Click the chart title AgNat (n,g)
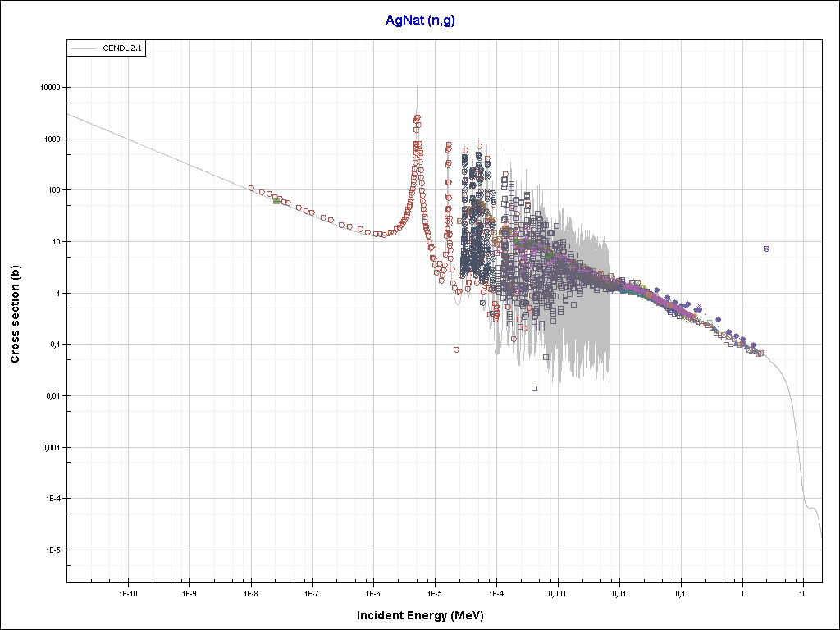click(420, 20)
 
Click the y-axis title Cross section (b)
click(15, 308)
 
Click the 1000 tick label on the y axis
click(57, 139)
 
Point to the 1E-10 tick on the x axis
click(127, 591)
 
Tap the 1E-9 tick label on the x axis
click(189, 591)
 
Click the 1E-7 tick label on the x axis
click(312, 591)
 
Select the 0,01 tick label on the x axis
click(619, 591)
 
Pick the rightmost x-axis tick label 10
click(803, 591)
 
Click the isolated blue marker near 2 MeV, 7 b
click(766, 249)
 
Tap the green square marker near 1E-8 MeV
click(276, 199)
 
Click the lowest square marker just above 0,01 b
click(534, 388)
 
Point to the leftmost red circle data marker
click(251, 188)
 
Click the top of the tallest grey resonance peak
click(418, 86)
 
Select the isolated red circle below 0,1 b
click(456, 349)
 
